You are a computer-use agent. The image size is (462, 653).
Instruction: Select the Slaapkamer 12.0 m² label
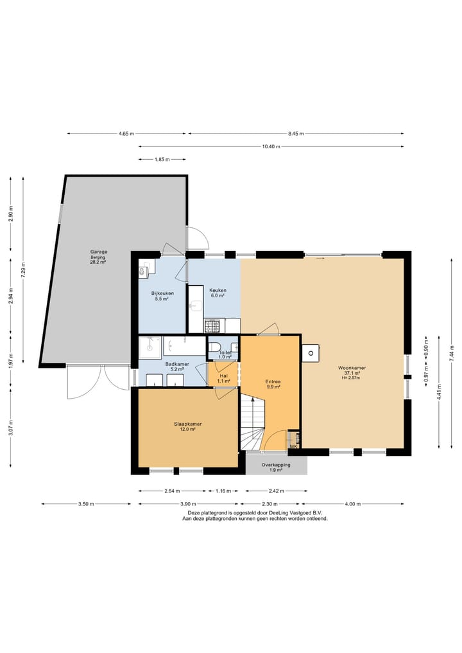188,426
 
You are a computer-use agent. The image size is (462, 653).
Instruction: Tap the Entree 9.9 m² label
273,384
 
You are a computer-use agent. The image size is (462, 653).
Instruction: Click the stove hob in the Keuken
212,325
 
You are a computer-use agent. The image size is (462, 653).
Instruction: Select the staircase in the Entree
252,422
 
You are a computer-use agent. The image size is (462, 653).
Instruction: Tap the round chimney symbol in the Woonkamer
311,354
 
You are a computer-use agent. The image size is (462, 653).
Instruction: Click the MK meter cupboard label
293,447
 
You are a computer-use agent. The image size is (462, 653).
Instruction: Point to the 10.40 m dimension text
271,146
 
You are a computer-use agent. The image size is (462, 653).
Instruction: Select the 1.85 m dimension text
162,159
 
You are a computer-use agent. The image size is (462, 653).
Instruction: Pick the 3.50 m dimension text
86,504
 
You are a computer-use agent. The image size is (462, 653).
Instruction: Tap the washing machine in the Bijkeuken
144,271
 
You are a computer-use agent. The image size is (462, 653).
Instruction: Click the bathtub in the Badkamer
185,345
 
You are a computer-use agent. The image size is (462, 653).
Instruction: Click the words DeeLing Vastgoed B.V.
296,513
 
